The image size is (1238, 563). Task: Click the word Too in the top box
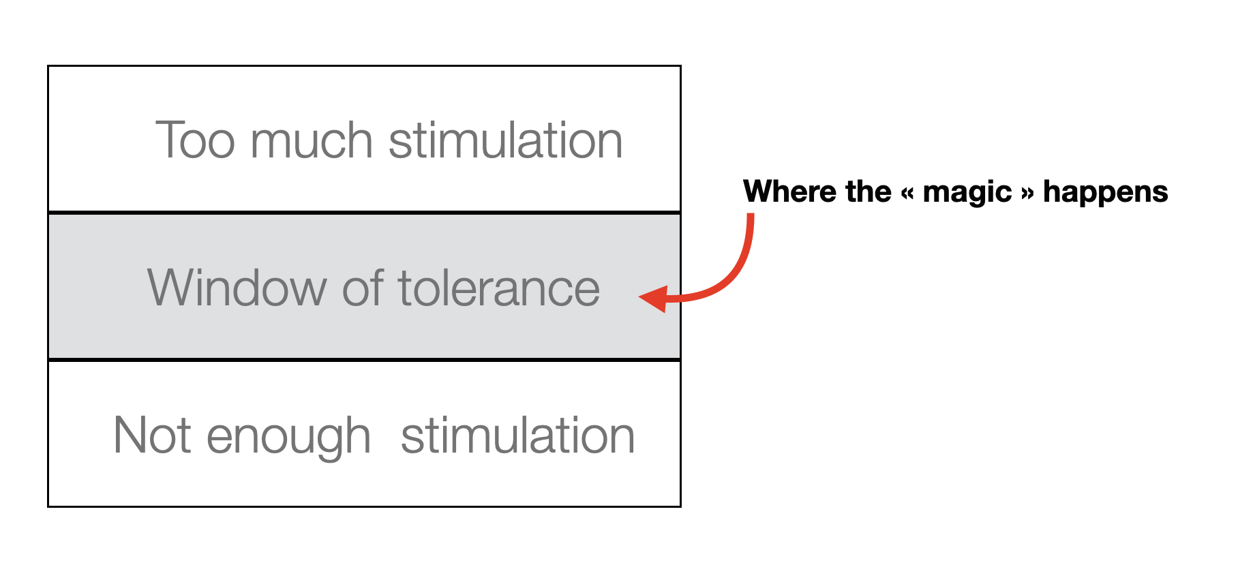196,140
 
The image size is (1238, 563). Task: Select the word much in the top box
312,140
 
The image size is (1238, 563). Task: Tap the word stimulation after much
505,140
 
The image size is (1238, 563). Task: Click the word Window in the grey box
237,288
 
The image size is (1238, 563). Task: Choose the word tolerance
498,288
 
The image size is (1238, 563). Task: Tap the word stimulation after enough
517,435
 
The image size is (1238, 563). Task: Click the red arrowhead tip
641,296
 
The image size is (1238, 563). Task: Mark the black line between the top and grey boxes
364,213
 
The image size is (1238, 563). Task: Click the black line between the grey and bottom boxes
364,359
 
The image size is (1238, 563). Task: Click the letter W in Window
170,288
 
